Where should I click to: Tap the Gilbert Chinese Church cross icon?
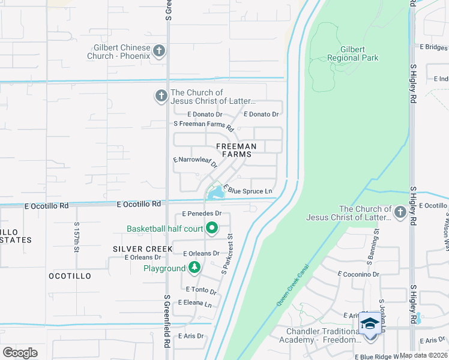pyautogui.click(x=160, y=50)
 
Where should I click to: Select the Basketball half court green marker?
pyautogui.click(x=211, y=228)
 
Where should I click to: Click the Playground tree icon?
pyautogui.click(x=194, y=268)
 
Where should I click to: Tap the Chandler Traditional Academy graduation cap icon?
pyautogui.click(x=370, y=325)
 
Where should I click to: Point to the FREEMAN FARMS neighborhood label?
pyautogui.click(x=236, y=150)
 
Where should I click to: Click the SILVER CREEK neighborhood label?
pyautogui.click(x=139, y=248)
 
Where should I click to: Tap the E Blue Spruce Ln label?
pyautogui.click(x=248, y=190)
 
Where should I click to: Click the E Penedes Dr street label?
pyautogui.click(x=202, y=214)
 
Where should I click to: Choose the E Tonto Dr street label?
pyautogui.click(x=200, y=290)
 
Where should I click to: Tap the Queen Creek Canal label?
pyautogui.click(x=292, y=286)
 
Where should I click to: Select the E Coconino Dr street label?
pyautogui.click(x=358, y=274)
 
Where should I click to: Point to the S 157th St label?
pyautogui.click(x=77, y=238)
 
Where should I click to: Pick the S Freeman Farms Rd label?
pyautogui.click(x=203, y=125)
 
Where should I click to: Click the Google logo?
pyautogui.click(x=20, y=352)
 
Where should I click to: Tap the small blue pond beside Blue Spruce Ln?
pyautogui.click(x=214, y=193)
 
